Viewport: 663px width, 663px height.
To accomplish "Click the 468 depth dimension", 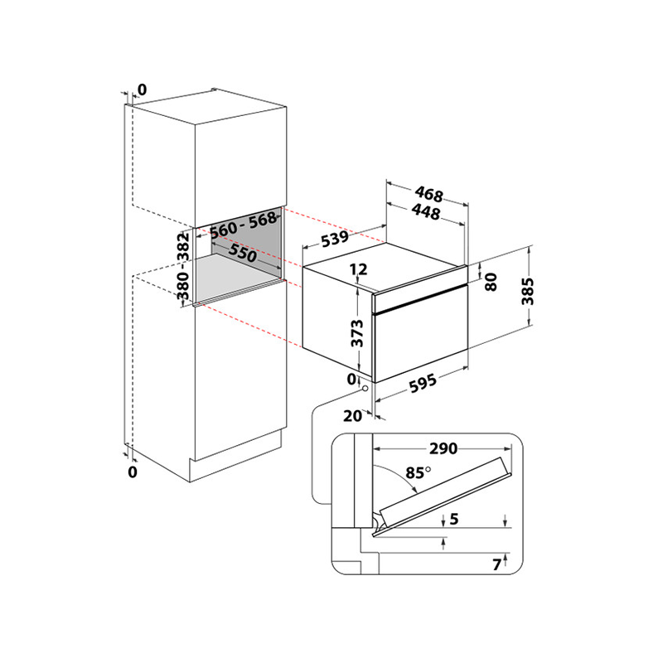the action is (428, 194).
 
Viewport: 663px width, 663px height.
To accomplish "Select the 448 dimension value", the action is (426, 211).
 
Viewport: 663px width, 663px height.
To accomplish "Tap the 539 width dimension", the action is (336, 239).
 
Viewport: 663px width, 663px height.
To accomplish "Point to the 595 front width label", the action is (423, 383).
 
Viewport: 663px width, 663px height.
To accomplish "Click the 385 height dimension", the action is (528, 291).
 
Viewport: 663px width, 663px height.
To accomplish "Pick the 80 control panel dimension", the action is (491, 282).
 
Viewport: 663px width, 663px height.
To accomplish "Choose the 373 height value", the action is (357, 333).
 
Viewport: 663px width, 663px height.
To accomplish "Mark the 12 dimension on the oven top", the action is (359, 269).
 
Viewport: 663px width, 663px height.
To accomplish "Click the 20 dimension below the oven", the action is (352, 416).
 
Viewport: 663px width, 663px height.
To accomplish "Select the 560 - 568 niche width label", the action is (244, 225).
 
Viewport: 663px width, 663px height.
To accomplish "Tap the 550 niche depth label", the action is (243, 253).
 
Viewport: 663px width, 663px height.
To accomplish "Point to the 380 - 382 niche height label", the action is (183, 265).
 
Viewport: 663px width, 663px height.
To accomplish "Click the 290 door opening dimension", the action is (443, 448).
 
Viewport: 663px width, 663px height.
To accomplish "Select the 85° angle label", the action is (419, 472).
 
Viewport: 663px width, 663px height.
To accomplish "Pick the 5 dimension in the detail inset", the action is (454, 519).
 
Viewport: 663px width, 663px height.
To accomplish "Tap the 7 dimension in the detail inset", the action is (496, 564).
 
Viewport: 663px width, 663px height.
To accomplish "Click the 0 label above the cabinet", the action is (142, 90).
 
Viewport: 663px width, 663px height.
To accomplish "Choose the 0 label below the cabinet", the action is (133, 472).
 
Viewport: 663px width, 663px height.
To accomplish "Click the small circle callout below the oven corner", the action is (365, 388).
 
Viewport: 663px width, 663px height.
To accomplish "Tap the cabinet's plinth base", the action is (235, 457).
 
